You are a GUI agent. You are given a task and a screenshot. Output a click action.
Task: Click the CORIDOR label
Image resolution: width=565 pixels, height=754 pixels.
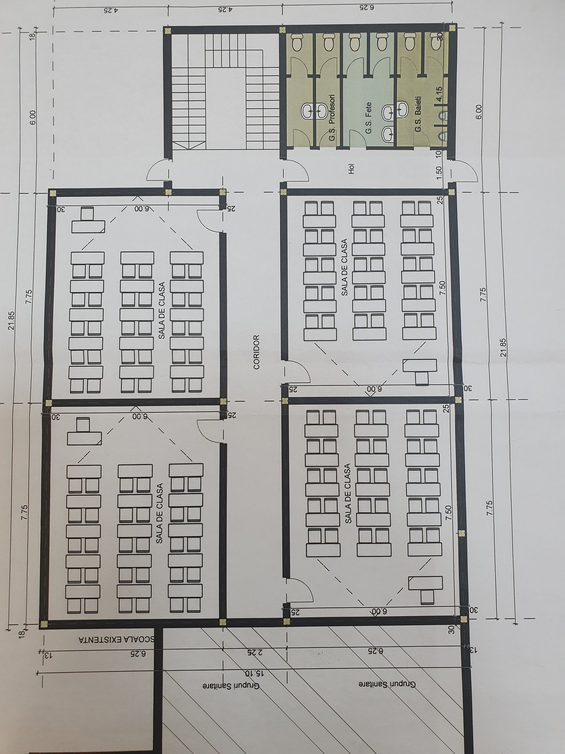(256, 352)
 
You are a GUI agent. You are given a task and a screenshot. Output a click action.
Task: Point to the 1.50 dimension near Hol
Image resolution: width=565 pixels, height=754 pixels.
(439, 173)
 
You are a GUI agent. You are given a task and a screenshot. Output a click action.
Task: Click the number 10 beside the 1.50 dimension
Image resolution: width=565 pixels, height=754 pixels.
(439, 154)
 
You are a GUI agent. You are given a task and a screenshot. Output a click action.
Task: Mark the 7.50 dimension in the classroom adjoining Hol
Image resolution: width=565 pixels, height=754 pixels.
(443, 288)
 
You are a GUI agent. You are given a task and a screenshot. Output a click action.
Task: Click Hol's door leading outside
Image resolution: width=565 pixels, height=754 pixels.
(465, 171)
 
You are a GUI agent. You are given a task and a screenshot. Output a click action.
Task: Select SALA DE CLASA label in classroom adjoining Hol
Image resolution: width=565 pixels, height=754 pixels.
(345, 267)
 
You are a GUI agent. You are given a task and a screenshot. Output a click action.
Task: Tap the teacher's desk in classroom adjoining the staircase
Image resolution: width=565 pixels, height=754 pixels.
(88, 221)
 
